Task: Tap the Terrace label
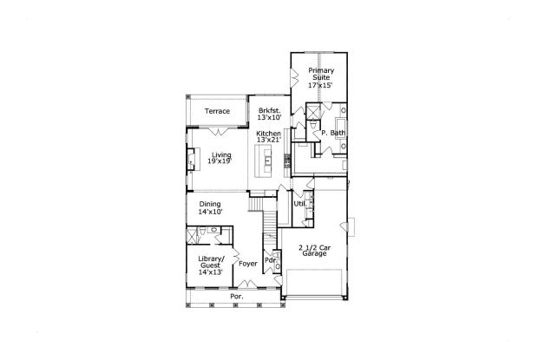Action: click(x=217, y=112)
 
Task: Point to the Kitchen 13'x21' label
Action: click(x=268, y=137)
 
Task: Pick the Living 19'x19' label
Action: click(x=222, y=158)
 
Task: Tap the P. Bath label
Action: click(x=332, y=133)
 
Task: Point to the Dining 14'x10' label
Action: click(x=211, y=207)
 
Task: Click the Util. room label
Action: click(x=299, y=204)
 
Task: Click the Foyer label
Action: click(x=249, y=264)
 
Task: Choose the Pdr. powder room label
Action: click(x=270, y=259)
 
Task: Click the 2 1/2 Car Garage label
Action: click(x=315, y=252)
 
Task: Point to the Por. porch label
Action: click(x=236, y=297)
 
